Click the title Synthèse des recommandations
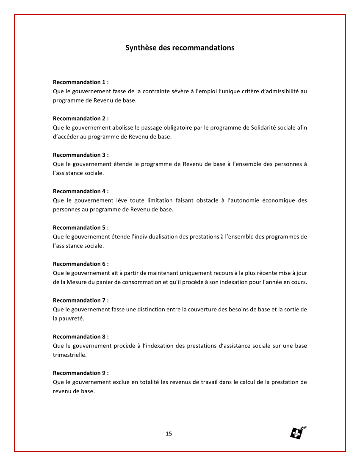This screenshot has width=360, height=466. (180, 47)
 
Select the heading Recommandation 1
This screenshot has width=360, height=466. (80, 82)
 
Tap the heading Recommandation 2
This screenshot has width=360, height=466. (80, 118)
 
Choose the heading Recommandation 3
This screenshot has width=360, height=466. (80, 155)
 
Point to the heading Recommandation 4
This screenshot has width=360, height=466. (80, 191)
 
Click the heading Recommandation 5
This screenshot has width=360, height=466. (80, 227)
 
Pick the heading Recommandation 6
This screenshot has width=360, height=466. (80, 264)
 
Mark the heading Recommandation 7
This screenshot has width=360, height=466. (80, 300)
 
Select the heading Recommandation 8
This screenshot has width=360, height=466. (80, 337)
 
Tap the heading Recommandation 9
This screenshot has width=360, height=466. (80, 373)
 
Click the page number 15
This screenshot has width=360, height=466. (169, 433)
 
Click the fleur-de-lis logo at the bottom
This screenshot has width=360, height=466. (298, 433)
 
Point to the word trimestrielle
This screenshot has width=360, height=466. (69, 355)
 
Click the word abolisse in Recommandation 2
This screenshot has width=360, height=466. (124, 128)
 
